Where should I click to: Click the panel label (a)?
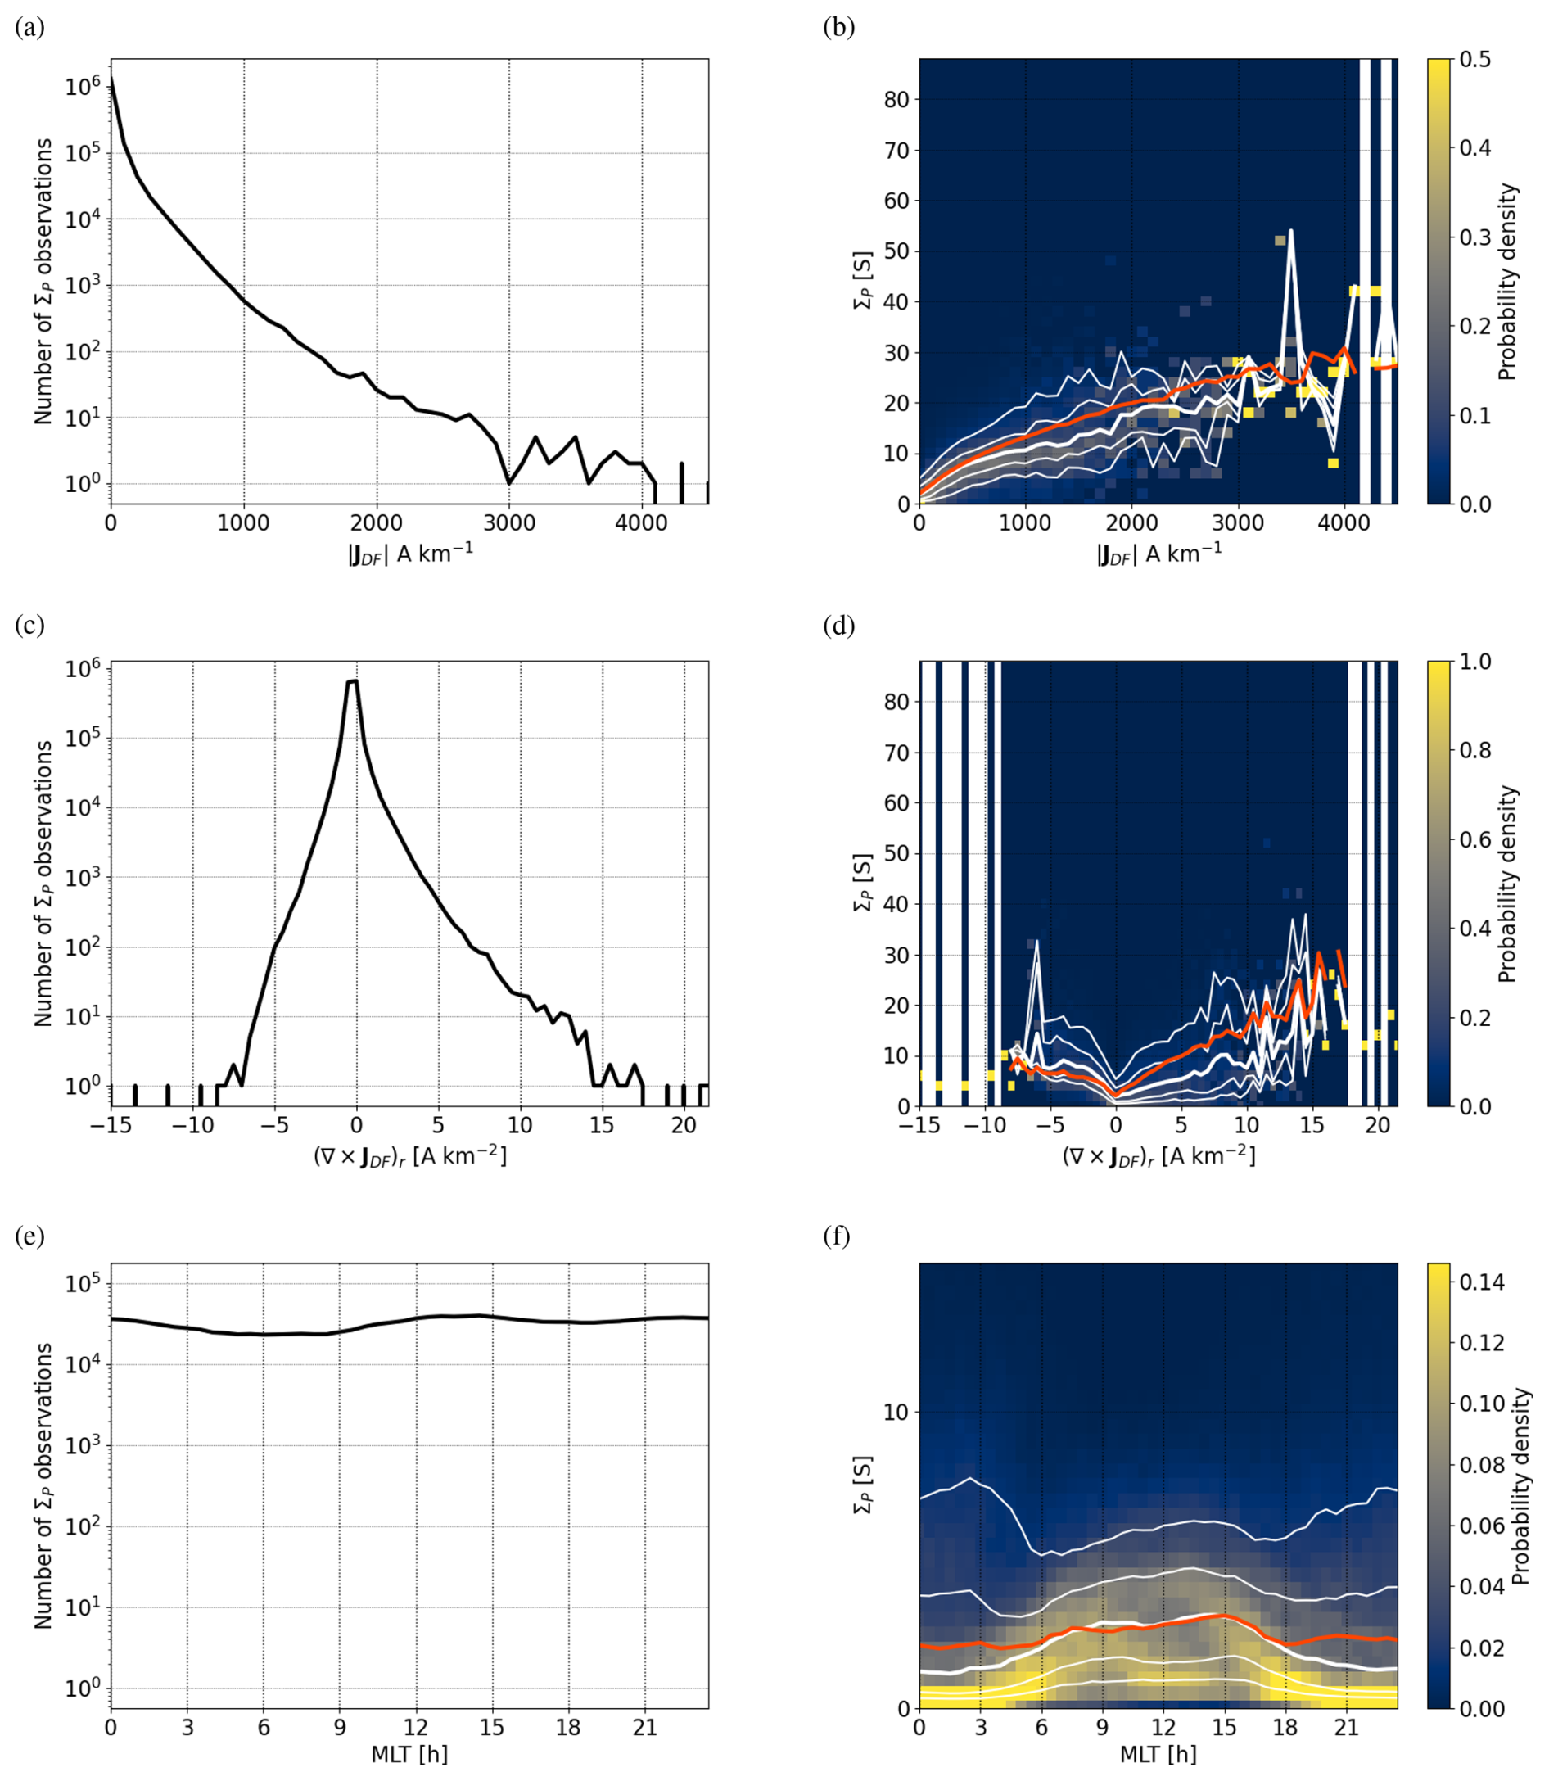click(x=29, y=28)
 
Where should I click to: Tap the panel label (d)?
click(x=838, y=625)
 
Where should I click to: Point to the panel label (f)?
click(x=838, y=1236)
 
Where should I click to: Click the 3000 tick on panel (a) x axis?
click(x=508, y=523)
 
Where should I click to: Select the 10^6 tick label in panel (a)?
click(x=82, y=86)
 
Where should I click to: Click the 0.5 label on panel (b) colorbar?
click(x=1475, y=60)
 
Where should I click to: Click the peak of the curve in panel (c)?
click(x=353, y=681)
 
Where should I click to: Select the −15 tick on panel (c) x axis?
click(x=111, y=1125)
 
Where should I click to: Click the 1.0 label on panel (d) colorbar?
click(x=1475, y=662)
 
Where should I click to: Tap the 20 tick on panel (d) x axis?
click(x=1377, y=1125)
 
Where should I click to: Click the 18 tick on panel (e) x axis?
click(x=568, y=1728)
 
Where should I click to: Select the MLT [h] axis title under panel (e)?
click(x=409, y=1754)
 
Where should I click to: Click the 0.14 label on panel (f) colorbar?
click(x=1482, y=1282)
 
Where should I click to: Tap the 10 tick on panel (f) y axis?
click(x=896, y=1413)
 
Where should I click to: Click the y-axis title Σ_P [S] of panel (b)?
click(x=862, y=281)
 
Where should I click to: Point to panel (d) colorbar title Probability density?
click(x=1507, y=884)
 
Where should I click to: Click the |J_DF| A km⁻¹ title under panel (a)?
click(x=409, y=554)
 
